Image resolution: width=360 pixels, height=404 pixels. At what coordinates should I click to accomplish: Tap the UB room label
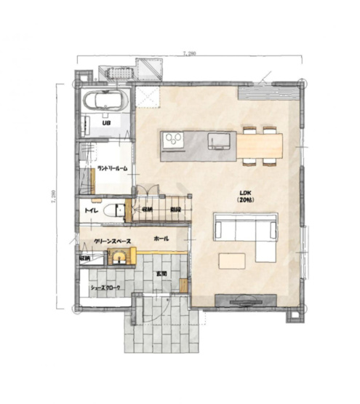point(106,123)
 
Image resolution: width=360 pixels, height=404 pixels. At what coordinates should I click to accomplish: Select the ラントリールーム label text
point(112,169)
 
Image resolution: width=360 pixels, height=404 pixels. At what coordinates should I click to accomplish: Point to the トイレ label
point(92,210)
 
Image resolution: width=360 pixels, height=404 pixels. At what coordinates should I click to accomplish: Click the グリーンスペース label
point(112,239)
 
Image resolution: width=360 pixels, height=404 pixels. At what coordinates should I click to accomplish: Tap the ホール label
point(162,239)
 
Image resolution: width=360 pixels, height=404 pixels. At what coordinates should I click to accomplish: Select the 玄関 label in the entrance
point(161,273)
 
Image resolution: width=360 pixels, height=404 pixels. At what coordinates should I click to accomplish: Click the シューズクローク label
point(106,289)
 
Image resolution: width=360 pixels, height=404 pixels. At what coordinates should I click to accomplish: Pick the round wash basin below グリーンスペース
point(115,256)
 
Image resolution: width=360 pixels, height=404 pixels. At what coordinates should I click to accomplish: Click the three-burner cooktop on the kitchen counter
point(174,139)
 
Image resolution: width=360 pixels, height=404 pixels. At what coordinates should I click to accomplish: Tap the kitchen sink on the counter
point(218,140)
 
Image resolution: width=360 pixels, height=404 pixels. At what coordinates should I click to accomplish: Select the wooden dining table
point(259,146)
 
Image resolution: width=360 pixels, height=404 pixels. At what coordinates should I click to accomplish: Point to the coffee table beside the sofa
point(233,261)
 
